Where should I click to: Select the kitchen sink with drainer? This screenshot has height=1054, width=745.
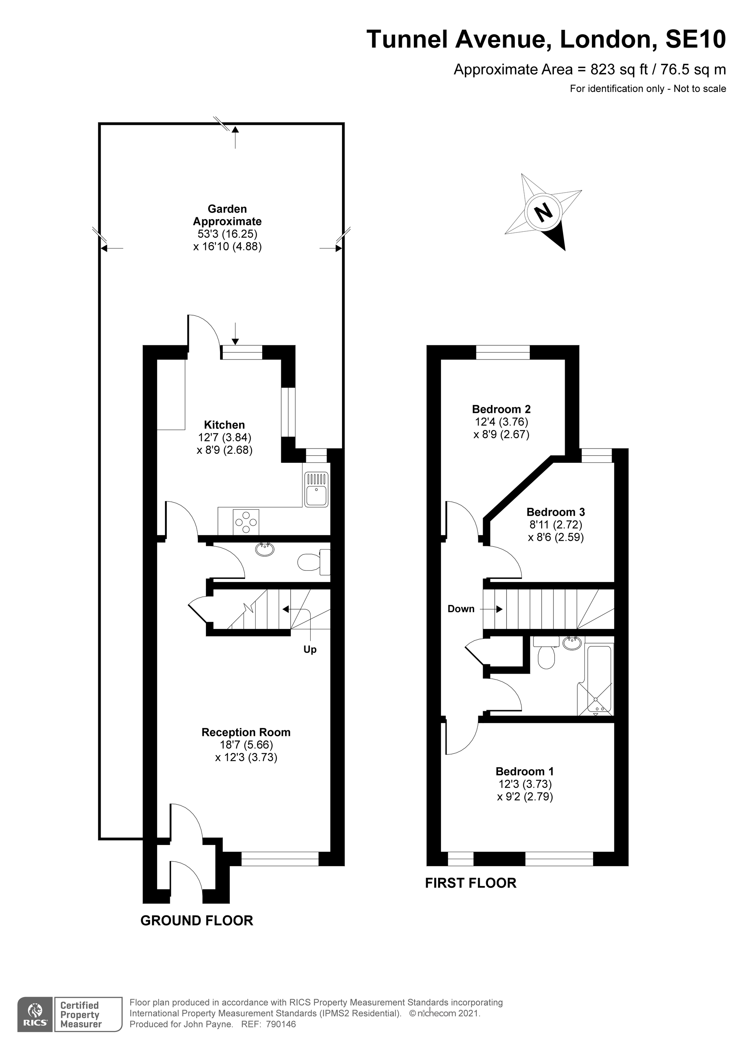316,490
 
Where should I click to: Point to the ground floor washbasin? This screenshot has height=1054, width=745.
265,549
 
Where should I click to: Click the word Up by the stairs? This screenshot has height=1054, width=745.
310,649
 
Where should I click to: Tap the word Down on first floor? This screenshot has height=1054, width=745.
461,609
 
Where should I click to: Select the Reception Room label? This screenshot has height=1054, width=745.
246,732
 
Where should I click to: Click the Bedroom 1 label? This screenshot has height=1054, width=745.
525,771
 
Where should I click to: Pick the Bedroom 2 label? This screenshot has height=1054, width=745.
501,409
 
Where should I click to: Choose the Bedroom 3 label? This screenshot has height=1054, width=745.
555,512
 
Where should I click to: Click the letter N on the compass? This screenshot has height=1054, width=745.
544,213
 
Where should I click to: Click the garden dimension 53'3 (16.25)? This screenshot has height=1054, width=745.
228,234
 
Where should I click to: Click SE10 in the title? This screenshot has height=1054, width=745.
695,39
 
